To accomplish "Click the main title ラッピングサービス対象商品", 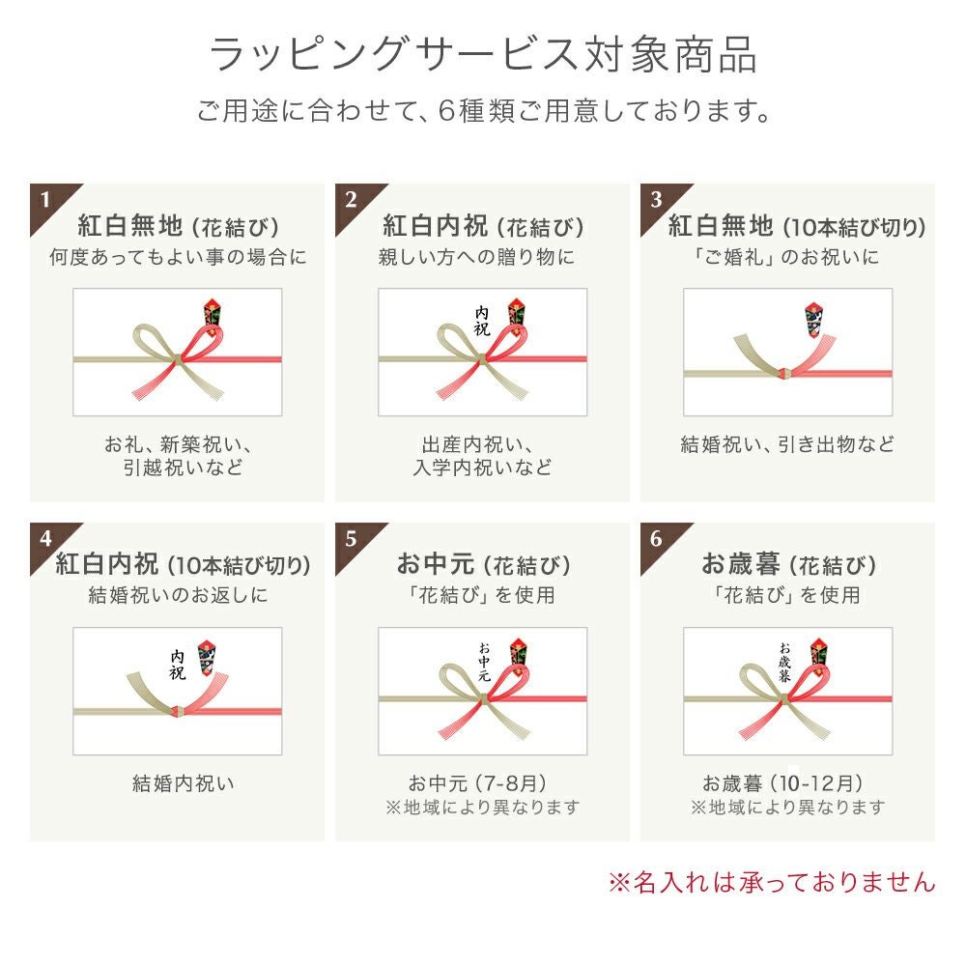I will tap(483, 55).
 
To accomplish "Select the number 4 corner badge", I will tap(44, 538).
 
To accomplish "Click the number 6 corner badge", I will tap(656, 538).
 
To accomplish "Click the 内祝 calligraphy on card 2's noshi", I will tap(482, 321).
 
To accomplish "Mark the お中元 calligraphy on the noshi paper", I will tap(483, 662).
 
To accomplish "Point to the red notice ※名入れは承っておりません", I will tap(771, 881).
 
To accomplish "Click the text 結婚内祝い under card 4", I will tap(184, 783).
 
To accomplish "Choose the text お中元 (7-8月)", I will tap(479, 782).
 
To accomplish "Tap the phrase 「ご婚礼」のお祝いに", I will tap(788, 258).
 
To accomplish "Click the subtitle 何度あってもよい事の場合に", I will tap(178, 258).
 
